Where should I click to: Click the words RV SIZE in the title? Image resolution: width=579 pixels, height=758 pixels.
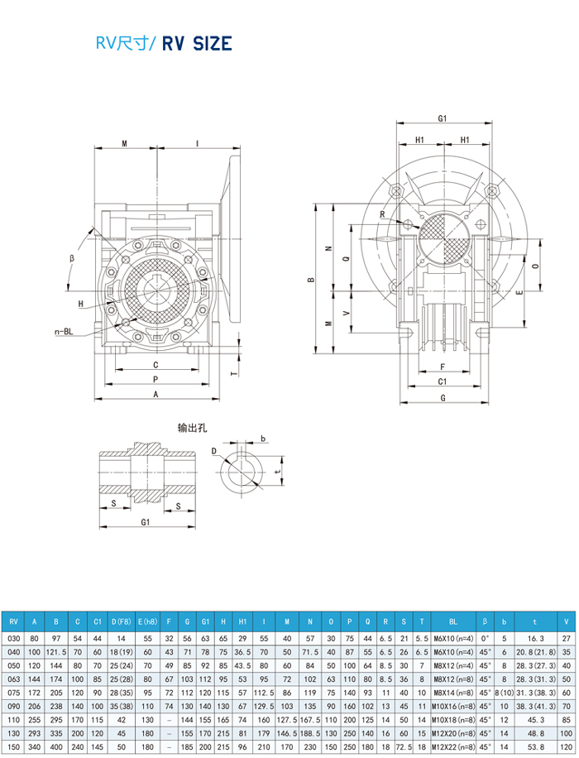[196, 44]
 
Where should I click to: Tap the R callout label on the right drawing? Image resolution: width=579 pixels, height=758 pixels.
[383, 214]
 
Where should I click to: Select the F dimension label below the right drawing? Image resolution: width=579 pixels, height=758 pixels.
[443, 366]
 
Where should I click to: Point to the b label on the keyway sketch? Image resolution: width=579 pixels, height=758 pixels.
[262, 439]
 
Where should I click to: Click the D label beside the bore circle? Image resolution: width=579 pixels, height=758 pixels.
[213, 451]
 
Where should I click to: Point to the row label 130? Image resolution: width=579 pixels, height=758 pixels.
[12, 734]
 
